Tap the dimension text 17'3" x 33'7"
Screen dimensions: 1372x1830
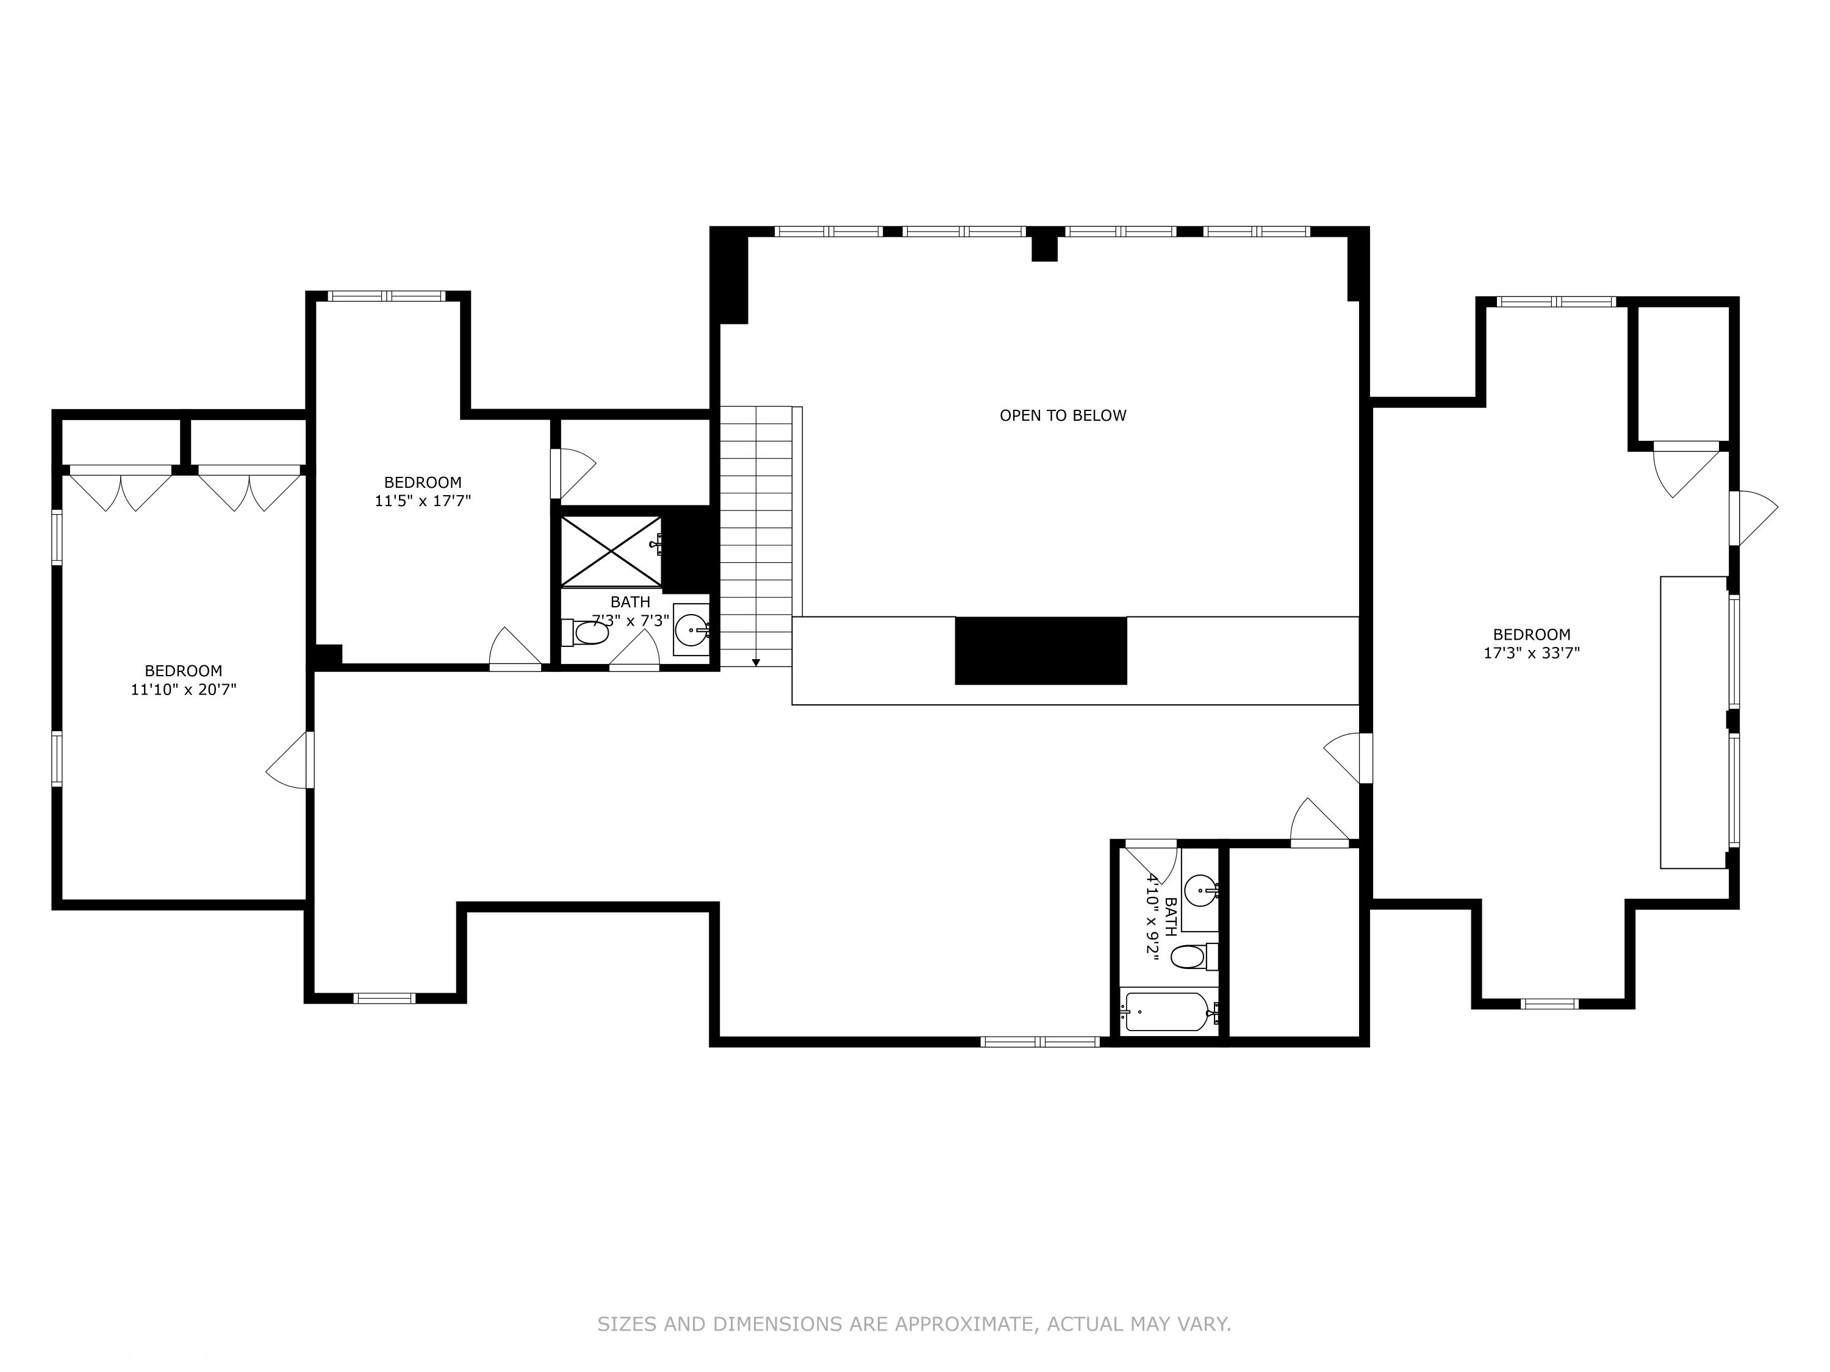coord(1531,652)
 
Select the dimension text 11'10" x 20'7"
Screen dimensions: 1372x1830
coord(183,689)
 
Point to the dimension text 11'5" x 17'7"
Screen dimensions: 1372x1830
coord(422,501)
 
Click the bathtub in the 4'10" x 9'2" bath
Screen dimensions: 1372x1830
coord(1166,1012)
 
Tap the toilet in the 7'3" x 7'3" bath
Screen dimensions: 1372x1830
coord(587,634)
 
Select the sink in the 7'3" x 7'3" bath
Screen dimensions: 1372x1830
coord(691,630)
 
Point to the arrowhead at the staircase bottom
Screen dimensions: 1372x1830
coord(755,662)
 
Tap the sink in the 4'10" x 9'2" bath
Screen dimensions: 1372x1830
coord(1200,891)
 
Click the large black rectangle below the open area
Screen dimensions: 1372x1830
coord(1041,651)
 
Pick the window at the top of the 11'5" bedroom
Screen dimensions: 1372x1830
coord(386,296)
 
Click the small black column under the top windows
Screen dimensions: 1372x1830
coord(1044,246)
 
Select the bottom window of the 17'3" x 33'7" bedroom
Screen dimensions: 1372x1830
coord(1549,1004)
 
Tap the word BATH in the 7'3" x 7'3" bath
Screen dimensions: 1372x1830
coord(630,602)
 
